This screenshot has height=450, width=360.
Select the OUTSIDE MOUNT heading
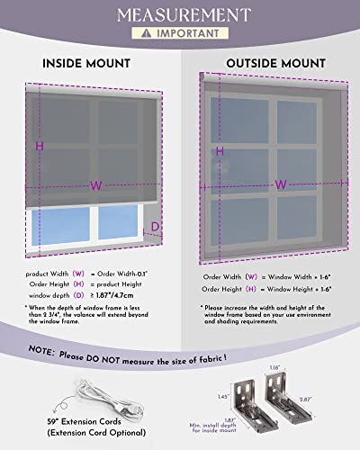tap(274, 65)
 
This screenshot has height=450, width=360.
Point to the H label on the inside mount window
tap(40, 146)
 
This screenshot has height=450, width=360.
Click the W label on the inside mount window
tap(94, 186)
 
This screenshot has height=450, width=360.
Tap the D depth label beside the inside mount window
tap(154, 227)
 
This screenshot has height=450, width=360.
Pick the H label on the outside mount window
tap(219, 152)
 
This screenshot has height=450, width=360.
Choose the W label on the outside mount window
tap(281, 184)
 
